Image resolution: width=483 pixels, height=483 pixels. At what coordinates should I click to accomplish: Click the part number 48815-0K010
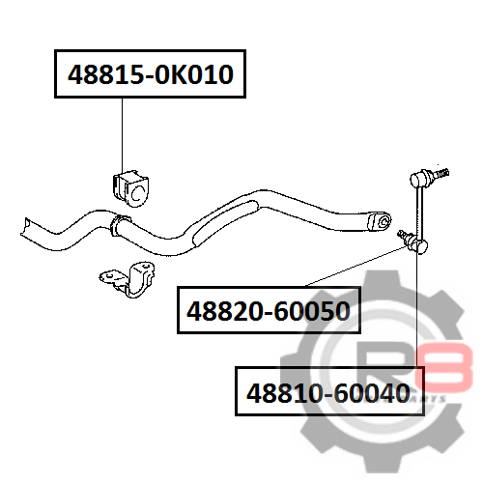(151, 74)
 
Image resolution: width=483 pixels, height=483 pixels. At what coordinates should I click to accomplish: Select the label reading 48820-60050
(269, 311)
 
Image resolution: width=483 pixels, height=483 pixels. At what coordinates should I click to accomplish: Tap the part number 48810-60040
(328, 393)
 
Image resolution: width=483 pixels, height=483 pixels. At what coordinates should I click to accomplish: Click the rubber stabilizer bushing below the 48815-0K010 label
(130, 189)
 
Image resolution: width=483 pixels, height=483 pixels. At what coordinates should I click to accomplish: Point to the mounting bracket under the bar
(128, 279)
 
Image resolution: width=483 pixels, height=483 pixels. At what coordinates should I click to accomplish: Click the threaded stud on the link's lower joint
(403, 235)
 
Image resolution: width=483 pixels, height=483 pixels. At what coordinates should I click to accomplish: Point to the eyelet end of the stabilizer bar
(379, 221)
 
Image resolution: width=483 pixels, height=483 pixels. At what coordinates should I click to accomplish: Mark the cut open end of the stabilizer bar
(26, 227)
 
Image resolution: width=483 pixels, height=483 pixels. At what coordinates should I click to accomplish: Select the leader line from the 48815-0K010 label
(123, 134)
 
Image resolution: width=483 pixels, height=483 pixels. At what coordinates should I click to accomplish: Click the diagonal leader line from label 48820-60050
(355, 267)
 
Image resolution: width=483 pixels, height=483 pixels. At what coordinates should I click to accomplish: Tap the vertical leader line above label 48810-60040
(417, 310)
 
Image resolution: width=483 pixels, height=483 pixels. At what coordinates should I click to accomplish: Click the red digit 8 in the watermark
(443, 365)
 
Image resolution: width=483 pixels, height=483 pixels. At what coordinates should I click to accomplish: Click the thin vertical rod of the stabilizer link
(419, 213)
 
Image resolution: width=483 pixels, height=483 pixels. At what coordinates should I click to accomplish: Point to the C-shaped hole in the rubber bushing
(137, 193)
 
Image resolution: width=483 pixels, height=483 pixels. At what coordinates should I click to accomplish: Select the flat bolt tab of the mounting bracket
(109, 277)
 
